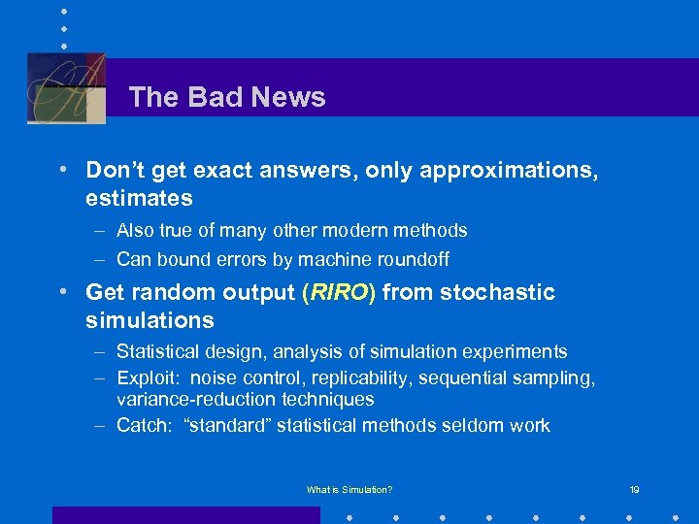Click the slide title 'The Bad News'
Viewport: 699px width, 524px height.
226,97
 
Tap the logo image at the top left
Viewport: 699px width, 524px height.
66,87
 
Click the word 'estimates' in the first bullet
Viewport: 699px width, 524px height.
139,199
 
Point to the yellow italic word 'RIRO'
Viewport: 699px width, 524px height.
338,292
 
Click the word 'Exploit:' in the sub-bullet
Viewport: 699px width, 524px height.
149,377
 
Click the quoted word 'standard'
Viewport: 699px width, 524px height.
225,425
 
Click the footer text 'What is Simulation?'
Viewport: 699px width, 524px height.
349,490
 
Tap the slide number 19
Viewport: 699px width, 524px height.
633,490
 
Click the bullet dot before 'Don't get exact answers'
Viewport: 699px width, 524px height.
61,170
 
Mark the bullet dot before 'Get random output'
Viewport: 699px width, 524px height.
61,291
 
